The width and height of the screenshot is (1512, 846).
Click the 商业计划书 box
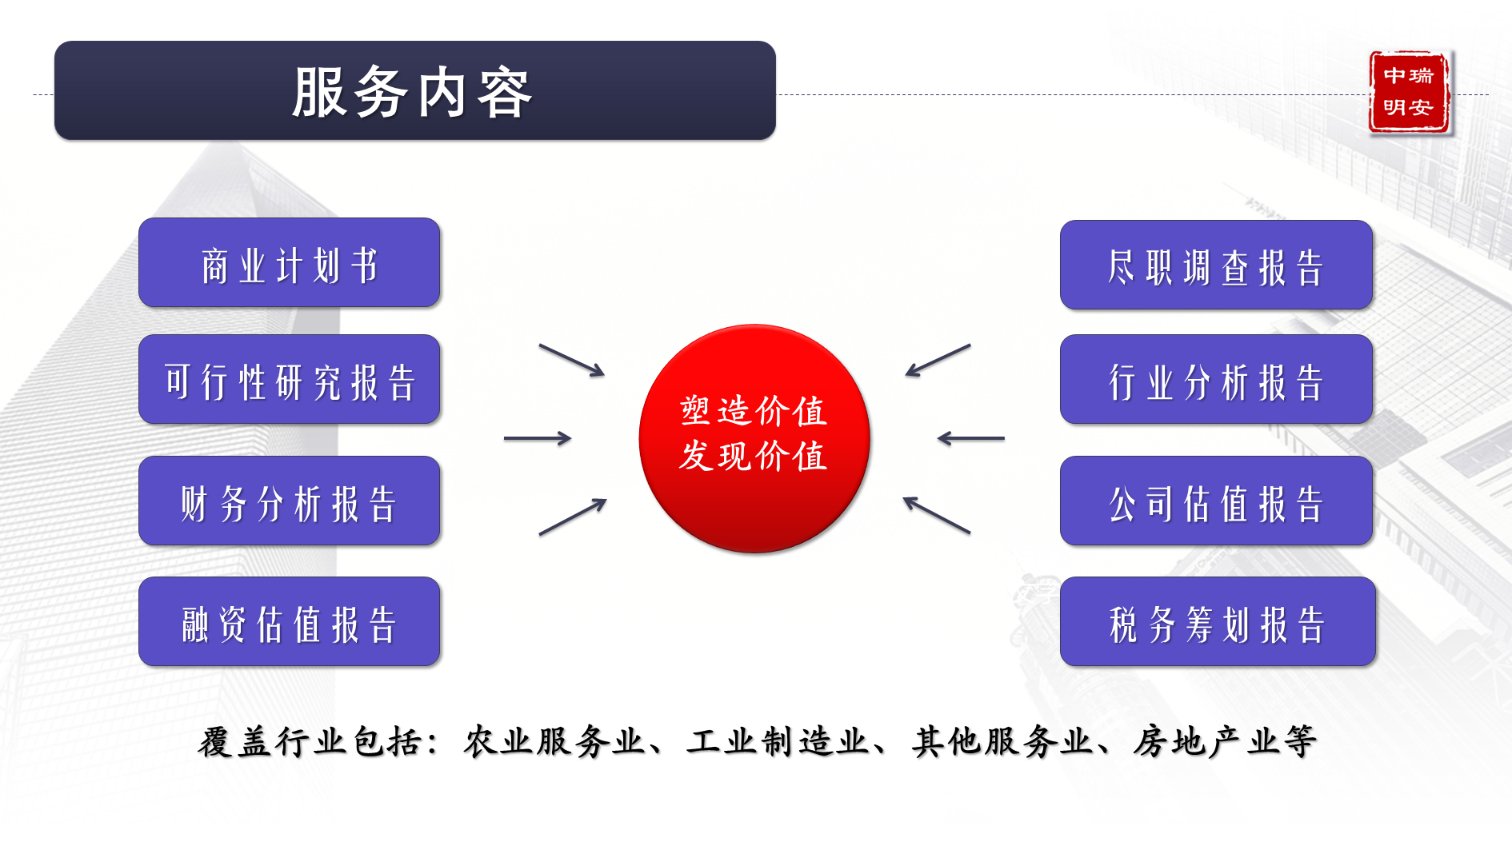pyautogui.click(x=290, y=262)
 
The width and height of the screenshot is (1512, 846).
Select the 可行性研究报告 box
pyautogui.click(x=290, y=379)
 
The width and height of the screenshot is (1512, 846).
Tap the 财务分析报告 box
pyautogui.click(x=290, y=501)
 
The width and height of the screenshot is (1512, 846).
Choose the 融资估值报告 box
pyautogui.click(x=290, y=621)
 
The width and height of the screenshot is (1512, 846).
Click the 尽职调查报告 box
pyautogui.click(x=1216, y=265)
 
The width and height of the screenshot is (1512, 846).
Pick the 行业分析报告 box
pyautogui.click(x=1216, y=379)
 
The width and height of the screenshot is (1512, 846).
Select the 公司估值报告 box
pyautogui.click(x=1216, y=501)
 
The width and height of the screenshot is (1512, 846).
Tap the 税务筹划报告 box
pyautogui.click(x=1218, y=621)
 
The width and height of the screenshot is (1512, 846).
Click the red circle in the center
pyautogui.click(x=754, y=438)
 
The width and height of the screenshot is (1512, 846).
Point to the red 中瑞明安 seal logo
pyautogui.click(x=1410, y=92)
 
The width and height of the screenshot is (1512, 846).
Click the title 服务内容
pyautogui.click(x=412, y=92)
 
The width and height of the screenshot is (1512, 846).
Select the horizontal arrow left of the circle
pyautogui.click(x=538, y=438)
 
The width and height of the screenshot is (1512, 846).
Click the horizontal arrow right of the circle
pyautogui.click(x=971, y=438)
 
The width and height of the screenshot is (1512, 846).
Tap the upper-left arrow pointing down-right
pyautogui.click(x=572, y=360)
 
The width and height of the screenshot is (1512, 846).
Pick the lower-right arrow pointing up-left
pyautogui.click(x=937, y=515)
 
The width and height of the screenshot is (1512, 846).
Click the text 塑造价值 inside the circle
pyautogui.click(x=754, y=411)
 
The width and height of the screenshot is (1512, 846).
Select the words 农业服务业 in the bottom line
pyautogui.click(x=554, y=741)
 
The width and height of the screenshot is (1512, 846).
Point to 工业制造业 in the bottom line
pyautogui.click(x=778, y=741)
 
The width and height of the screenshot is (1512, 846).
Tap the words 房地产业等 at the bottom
pyautogui.click(x=1225, y=741)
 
